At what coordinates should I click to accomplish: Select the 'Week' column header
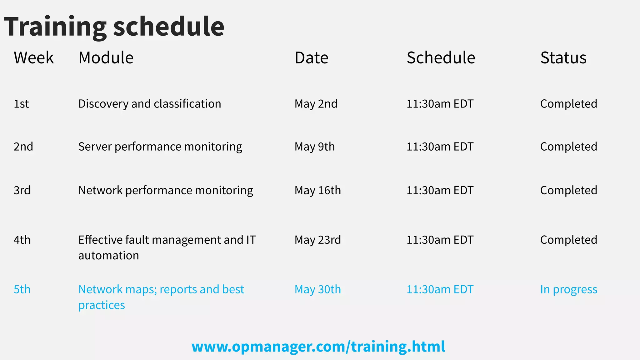34,58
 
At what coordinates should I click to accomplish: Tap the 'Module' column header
106,58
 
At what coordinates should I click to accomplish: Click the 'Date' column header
311,58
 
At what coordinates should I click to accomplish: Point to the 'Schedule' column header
441,58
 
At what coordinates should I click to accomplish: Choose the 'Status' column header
563,58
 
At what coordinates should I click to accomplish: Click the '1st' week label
21,104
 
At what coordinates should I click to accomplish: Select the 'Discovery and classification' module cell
149,104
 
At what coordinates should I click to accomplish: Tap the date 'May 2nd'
316,104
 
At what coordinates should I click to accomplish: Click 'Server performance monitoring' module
160,147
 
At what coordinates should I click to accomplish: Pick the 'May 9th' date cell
314,147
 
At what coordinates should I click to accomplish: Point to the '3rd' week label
22,190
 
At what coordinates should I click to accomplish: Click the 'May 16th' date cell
317,190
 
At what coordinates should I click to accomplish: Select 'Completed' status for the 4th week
568,240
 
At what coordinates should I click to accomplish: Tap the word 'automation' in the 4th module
108,256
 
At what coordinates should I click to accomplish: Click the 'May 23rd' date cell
317,240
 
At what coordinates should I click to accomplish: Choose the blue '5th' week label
22,289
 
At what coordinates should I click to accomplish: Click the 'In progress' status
568,290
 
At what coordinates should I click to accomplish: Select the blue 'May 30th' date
317,289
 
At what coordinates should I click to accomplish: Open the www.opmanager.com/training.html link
318,347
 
